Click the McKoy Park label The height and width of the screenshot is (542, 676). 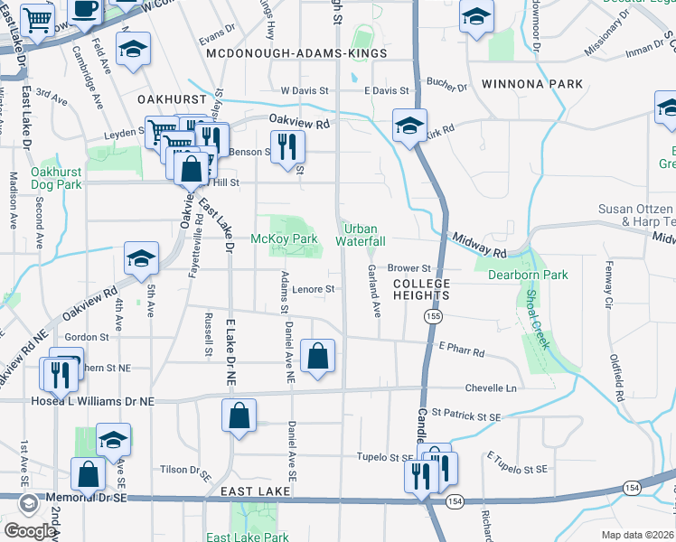coord(283,238)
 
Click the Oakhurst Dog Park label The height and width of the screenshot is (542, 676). coord(56,178)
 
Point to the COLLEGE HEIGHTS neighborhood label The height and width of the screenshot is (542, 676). coord(421,289)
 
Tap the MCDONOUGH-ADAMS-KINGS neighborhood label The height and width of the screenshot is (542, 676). coord(296,54)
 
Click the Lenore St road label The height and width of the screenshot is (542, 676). coord(314,290)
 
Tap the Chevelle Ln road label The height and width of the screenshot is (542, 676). coord(491,388)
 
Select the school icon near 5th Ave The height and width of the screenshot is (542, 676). coord(141,258)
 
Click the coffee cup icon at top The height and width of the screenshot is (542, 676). coord(86,9)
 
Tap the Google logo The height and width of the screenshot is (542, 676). coord(29,531)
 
